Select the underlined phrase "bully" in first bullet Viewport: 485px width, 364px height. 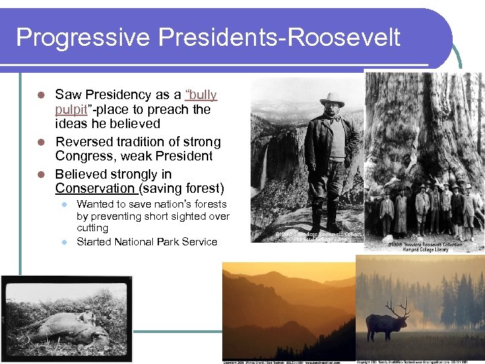(201, 95)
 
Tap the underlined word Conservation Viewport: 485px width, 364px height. (95, 188)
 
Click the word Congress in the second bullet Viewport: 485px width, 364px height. (84, 156)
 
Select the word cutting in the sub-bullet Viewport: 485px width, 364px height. (92, 228)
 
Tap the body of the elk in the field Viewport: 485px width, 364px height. (385, 326)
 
